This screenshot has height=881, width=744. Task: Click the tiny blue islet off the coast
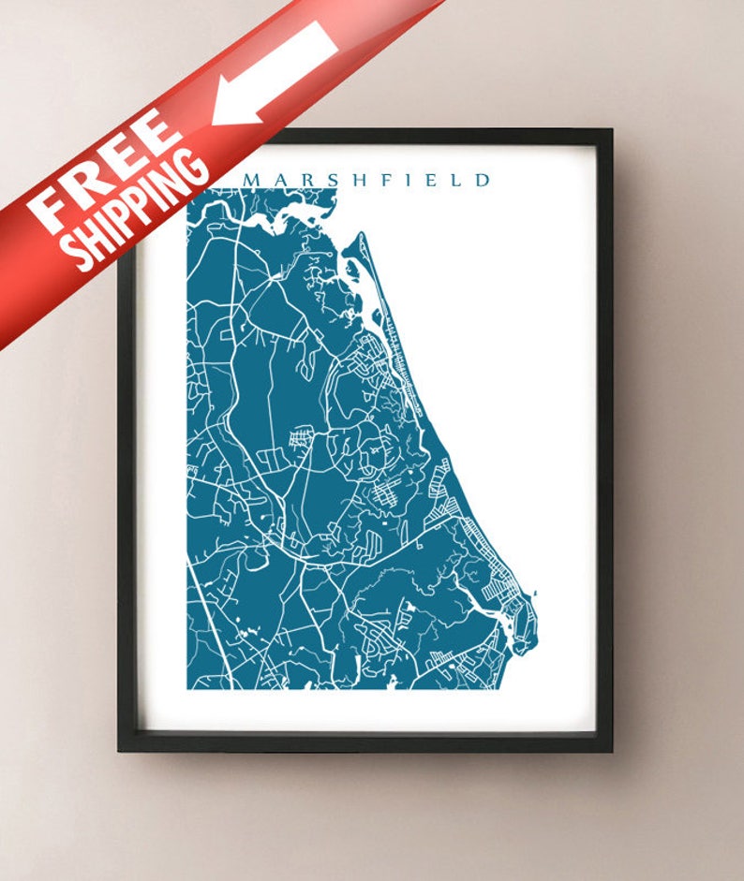click(x=536, y=593)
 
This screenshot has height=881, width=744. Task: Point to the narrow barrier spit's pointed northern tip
click(x=359, y=235)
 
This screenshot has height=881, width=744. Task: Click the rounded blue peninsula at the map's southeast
click(x=521, y=623)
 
